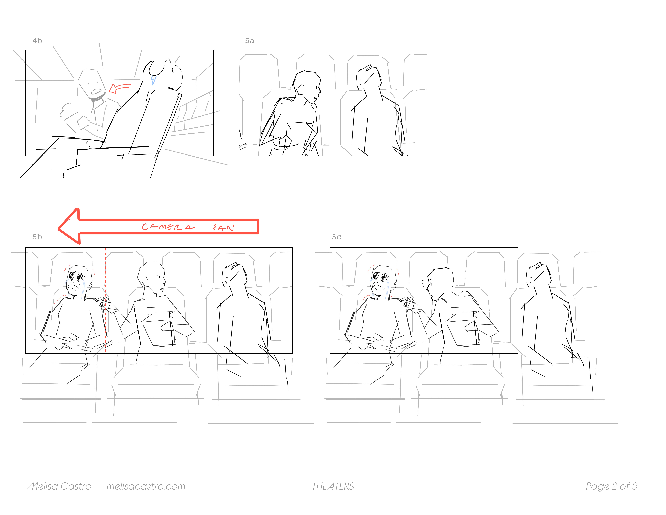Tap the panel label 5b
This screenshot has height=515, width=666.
click(37, 237)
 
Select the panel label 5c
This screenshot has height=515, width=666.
click(337, 237)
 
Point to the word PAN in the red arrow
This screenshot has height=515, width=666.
click(223, 228)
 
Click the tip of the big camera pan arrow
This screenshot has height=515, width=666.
click(59, 228)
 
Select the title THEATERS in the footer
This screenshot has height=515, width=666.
click(333, 486)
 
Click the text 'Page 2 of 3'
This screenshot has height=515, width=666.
click(611, 486)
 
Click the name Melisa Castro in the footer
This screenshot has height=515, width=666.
click(59, 486)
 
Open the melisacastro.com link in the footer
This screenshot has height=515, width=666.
click(146, 486)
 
